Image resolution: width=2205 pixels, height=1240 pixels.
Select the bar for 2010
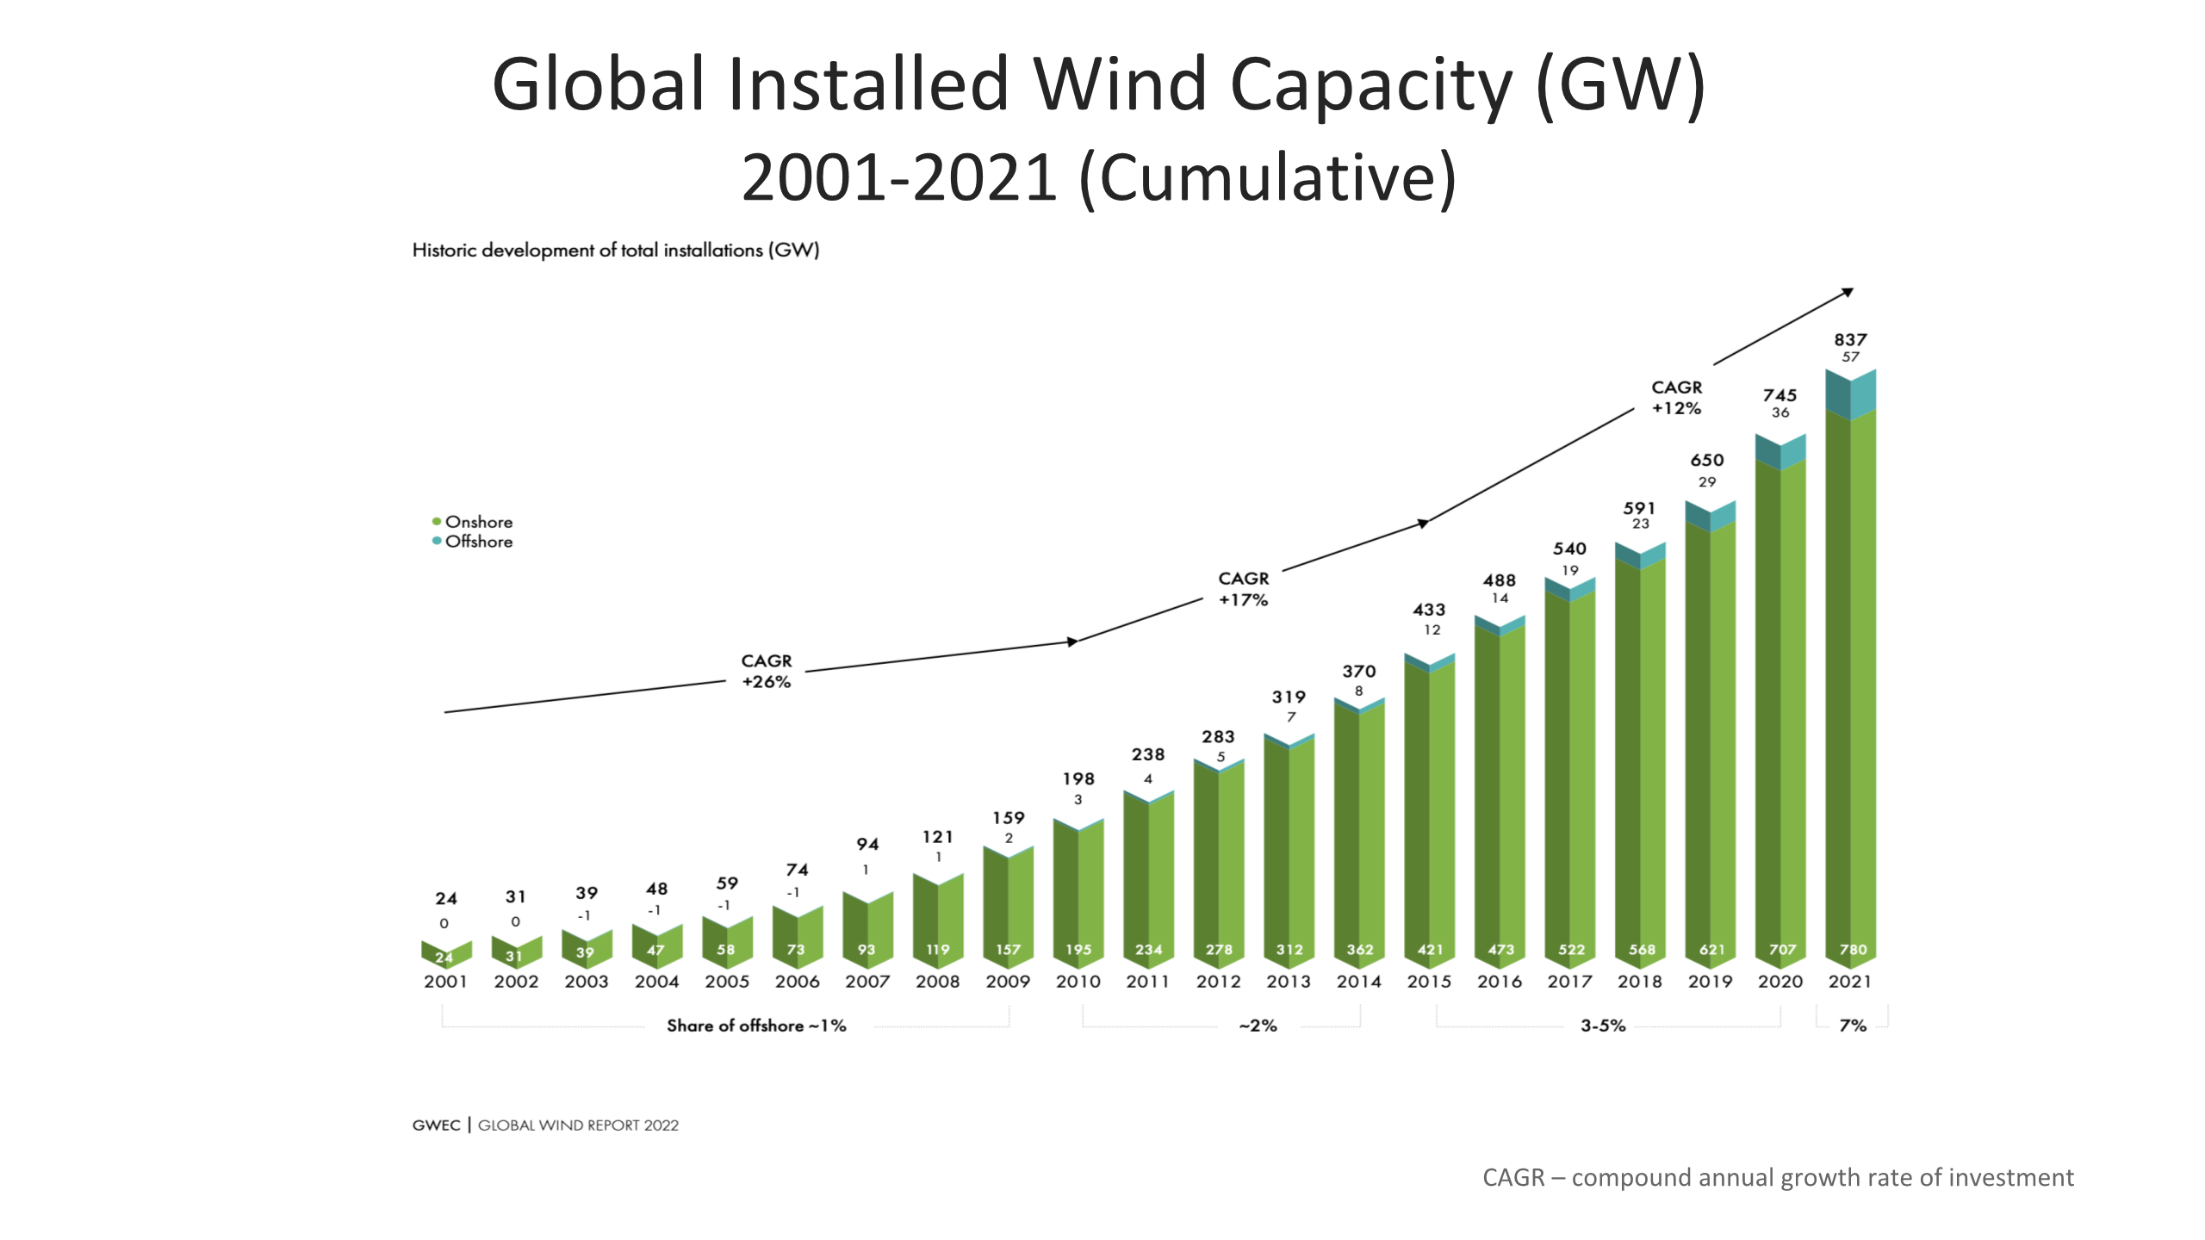click(x=1078, y=896)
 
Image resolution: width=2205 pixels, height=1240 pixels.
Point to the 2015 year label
click(x=1429, y=982)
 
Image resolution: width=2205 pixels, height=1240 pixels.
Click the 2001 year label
click(x=445, y=982)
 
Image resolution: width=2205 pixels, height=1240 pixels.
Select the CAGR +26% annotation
click(x=766, y=671)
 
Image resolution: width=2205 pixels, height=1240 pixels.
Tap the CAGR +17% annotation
click(x=1243, y=589)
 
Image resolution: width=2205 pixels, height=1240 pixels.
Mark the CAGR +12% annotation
click(x=1676, y=398)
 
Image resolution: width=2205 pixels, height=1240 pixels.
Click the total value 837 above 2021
click(x=1850, y=340)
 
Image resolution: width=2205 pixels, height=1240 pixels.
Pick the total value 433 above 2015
click(x=1429, y=610)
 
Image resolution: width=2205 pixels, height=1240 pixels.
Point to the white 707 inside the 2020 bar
click(x=1782, y=950)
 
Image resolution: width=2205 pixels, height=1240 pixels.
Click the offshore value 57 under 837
click(x=1850, y=357)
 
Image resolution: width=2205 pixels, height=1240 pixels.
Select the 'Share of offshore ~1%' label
click(x=756, y=1026)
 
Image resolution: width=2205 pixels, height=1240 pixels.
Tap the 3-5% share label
click(x=1603, y=1026)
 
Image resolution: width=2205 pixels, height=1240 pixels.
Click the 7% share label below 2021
click(x=1853, y=1026)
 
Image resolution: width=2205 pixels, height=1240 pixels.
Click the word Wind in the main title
click(x=1120, y=84)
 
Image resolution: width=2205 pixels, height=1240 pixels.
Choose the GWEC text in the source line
click(x=436, y=1125)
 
